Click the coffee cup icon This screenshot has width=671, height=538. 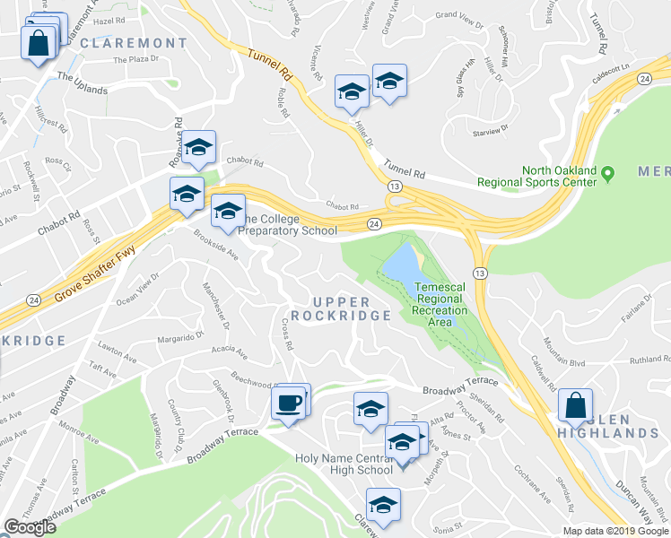coord(289,403)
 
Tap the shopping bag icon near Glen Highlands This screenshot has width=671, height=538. coord(574,405)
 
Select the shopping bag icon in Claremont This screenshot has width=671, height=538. coord(39,45)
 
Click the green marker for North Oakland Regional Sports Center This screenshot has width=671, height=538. coord(607,172)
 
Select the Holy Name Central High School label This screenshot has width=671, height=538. coord(344,464)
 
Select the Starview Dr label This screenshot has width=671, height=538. coord(490,131)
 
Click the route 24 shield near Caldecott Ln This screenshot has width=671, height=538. coord(644,80)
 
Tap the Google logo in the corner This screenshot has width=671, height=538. coord(30,527)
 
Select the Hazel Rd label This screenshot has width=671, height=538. coord(109,20)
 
